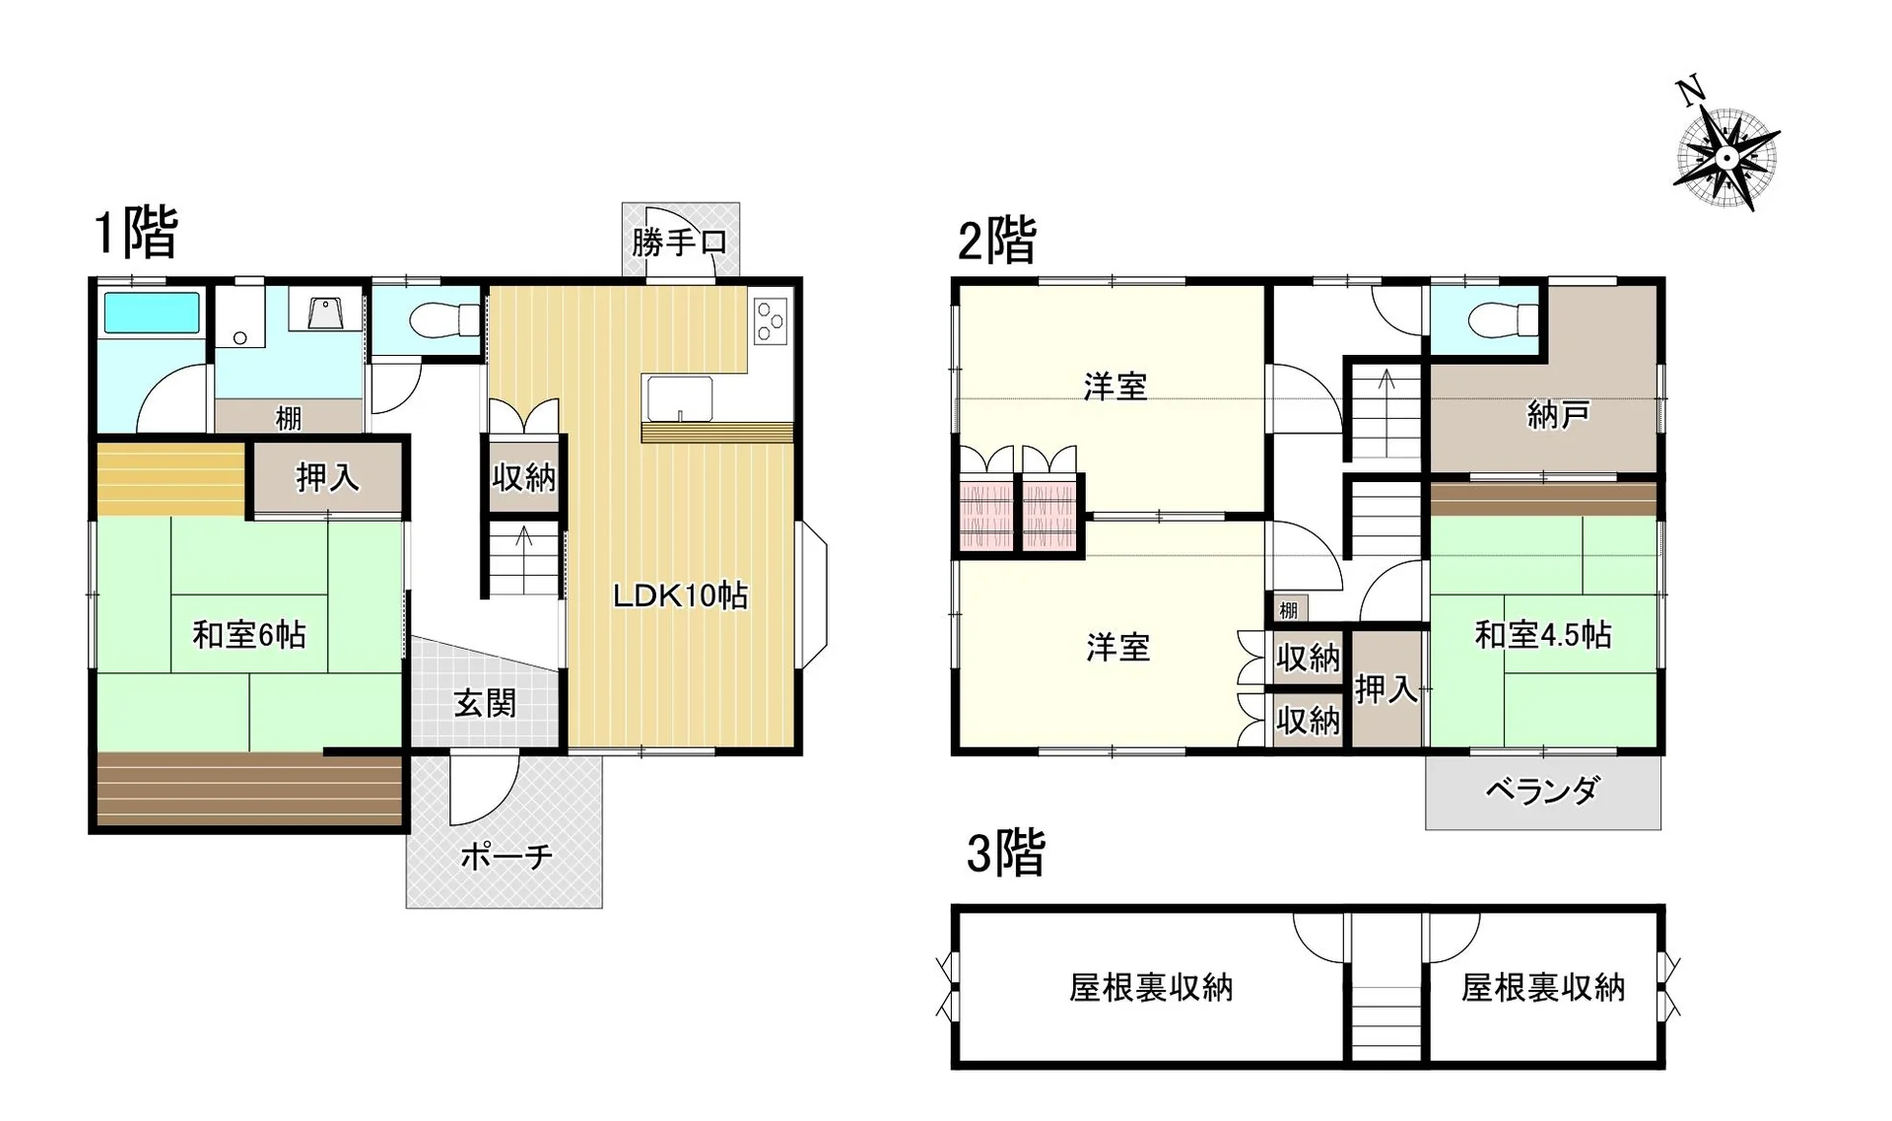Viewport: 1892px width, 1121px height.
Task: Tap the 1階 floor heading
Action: [x=136, y=233]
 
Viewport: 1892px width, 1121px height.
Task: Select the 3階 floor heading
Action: [x=1005, y=853]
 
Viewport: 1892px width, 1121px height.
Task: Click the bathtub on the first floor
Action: [x=152, y=313]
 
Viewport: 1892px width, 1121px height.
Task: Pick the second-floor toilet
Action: [x=1503, y=319]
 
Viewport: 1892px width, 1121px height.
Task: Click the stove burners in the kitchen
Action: [x=771, y=320]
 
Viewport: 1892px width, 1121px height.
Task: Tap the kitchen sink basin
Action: [x=679, y=399]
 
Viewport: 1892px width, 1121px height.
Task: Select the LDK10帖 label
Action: [x=680, y=596]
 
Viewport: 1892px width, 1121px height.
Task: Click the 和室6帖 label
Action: [x=249, y=634]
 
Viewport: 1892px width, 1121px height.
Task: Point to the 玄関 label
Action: [x=485, y=703]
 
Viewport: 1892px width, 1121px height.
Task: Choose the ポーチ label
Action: [x=507, y=856]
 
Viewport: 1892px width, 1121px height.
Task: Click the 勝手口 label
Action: [x=680, y=242]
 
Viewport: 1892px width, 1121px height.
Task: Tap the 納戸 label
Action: [x=1558, y=415]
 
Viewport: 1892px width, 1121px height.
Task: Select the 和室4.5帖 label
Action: [x=1543, y=635]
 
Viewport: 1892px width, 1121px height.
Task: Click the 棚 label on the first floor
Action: [x=289, y=418]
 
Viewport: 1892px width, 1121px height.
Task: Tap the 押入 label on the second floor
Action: [x=1386, y=689]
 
